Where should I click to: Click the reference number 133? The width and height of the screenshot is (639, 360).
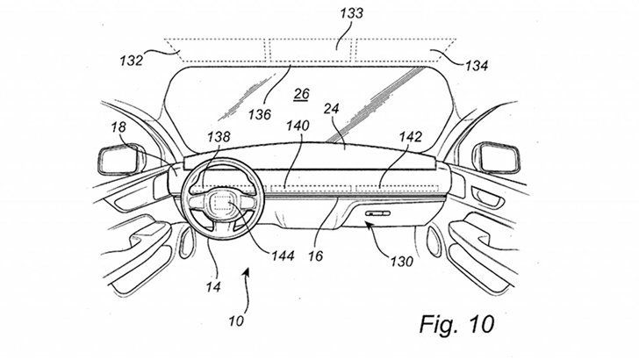click(352, 13)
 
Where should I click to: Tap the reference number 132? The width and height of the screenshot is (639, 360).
click(132, 61)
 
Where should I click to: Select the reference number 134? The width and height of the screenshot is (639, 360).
click(477, 65)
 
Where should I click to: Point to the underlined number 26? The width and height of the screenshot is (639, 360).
click(302, 94)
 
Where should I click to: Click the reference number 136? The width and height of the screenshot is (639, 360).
click(260, 114)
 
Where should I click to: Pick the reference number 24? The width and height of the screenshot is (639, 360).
click(331, 109)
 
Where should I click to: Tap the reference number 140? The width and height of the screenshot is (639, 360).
click(298, 126)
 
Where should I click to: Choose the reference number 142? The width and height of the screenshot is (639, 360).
click(411, 137)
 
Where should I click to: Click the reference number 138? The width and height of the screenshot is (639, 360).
click(219, 137)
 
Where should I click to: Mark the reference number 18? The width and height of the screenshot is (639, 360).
click(118, 127)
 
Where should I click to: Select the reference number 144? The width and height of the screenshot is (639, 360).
click(283, 256)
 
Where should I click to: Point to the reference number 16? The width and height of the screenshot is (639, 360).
click(315, 256)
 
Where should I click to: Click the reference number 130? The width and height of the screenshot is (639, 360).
click(401, 262)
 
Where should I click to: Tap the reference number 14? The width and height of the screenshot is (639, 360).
click(213, 287)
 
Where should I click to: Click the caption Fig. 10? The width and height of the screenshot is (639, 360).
click(456, 324)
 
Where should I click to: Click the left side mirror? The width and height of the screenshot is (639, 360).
click(121, 162)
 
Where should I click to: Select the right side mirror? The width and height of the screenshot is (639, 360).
click(496, 157)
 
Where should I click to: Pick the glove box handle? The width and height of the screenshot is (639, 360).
click(377, 213)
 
